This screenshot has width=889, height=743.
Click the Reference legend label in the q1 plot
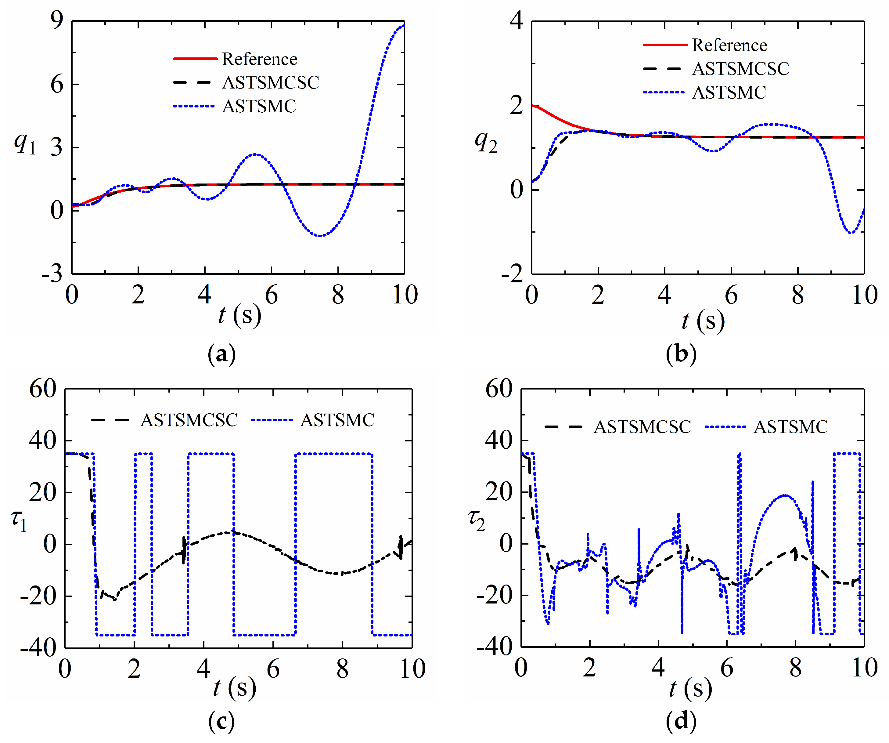(x=260, y=59)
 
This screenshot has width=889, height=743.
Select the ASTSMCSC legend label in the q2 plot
(x=740, y=69)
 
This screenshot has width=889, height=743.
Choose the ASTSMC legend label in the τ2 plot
(x=790, y=426)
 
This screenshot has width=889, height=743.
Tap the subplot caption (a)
(x=221, y=354)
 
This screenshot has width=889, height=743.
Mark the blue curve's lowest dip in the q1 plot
(x=320, y=236)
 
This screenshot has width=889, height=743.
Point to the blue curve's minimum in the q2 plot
(x=851, y=233)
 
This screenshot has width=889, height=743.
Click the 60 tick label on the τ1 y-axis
(x=43, y=389)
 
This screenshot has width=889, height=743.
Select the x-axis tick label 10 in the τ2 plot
(x=864, y=668)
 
